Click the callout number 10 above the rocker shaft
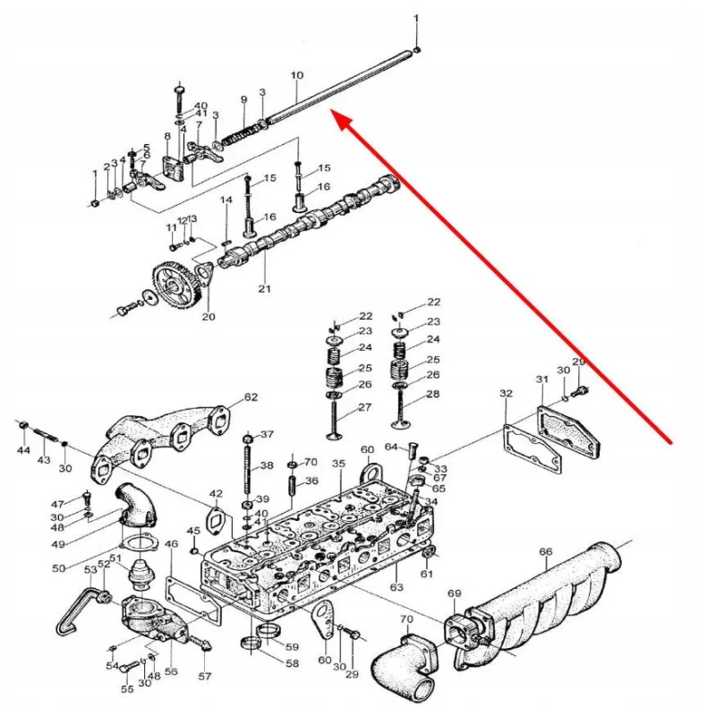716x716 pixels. point(297,75)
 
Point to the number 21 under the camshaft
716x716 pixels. point(264,289)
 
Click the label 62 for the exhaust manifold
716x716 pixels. point(251,397)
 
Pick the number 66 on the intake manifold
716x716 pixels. point(545,551)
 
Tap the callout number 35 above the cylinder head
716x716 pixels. point(337,464)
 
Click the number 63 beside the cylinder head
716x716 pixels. point(396,587)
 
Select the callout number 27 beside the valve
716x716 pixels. point(364,407)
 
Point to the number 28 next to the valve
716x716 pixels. point(433,395)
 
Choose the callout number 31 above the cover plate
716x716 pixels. point(541,379)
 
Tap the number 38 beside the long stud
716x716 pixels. point(267,466)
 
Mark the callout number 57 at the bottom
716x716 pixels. point(205,677)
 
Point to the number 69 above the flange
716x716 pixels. point(454,594)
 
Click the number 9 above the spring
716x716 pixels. point(243,98)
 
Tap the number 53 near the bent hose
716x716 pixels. point(90,570)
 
